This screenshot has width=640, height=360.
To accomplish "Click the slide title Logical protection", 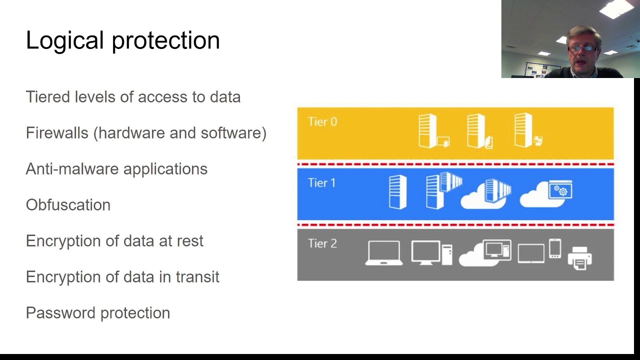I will tap(122, 40).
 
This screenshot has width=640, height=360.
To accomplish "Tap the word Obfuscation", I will tap(68, 205).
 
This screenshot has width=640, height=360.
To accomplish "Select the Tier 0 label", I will tap(322, 122).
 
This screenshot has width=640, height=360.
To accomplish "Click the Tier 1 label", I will tap(321, 183).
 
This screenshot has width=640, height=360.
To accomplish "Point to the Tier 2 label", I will tap(322, 244).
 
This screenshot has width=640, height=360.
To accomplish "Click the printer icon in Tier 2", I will tap(580, 258).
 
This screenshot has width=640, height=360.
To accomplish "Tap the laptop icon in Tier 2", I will tap(384, 253).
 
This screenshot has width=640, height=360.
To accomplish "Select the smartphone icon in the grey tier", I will tap(555, 248).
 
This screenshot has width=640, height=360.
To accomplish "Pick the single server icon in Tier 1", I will tap(397, 191).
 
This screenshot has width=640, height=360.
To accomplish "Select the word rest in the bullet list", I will tap(190, 241).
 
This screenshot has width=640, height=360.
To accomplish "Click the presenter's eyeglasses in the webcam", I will tap(582, 48).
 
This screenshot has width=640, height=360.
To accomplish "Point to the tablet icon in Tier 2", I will tap(530, 253).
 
